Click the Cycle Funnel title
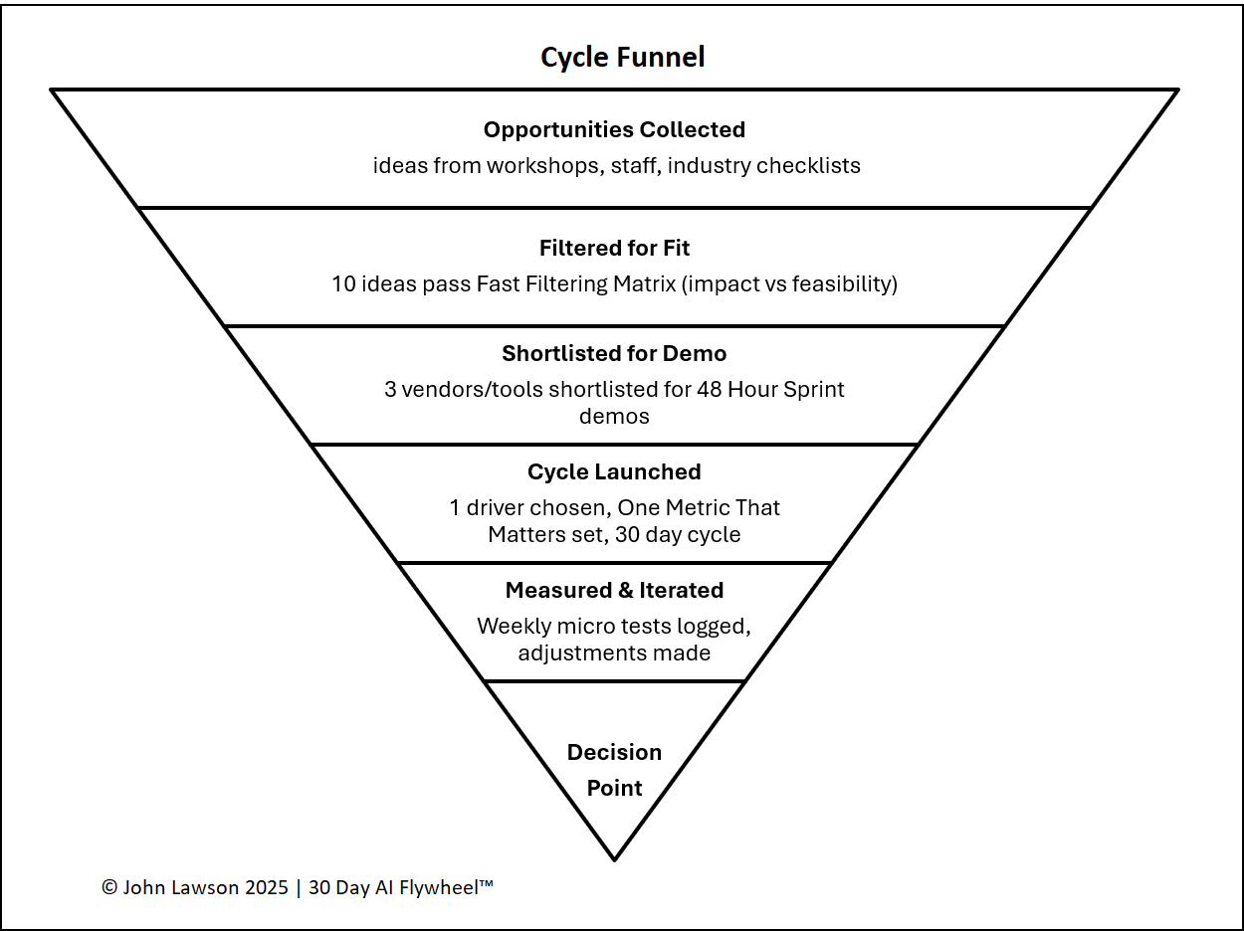622,58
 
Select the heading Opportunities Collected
614,129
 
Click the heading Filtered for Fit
614,248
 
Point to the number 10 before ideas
344,284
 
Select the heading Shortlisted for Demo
614,354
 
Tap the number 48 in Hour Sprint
708,390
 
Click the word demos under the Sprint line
614,416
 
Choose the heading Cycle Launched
614,471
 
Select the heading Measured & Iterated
614,590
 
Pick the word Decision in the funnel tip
614,752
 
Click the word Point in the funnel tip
614,788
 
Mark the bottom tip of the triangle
614,858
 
